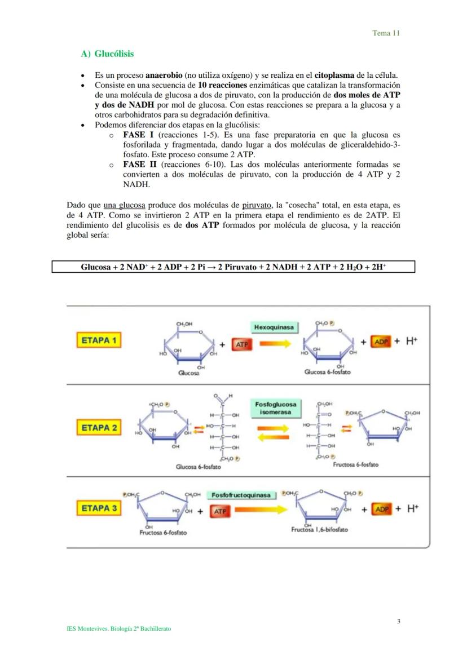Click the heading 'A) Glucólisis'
107,54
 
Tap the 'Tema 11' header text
386,33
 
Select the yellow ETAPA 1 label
99,340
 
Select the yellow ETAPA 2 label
99,428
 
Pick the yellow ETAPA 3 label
99,508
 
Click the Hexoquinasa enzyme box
274,327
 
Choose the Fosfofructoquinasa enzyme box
241,495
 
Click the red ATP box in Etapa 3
219,511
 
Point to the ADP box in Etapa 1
381,342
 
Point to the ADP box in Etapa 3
382,509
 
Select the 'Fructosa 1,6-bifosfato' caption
319,530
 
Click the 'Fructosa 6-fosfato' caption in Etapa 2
355,465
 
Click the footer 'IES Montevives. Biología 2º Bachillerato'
118,628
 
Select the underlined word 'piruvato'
256,206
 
